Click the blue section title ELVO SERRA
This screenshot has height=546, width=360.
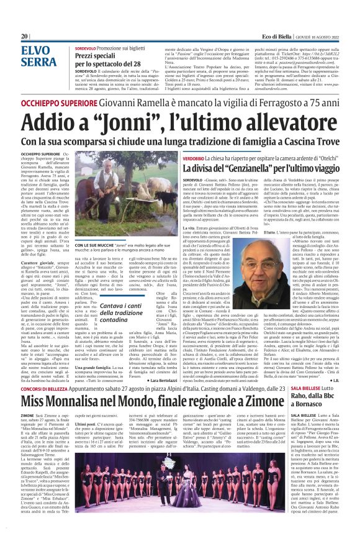tap(38, 56)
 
